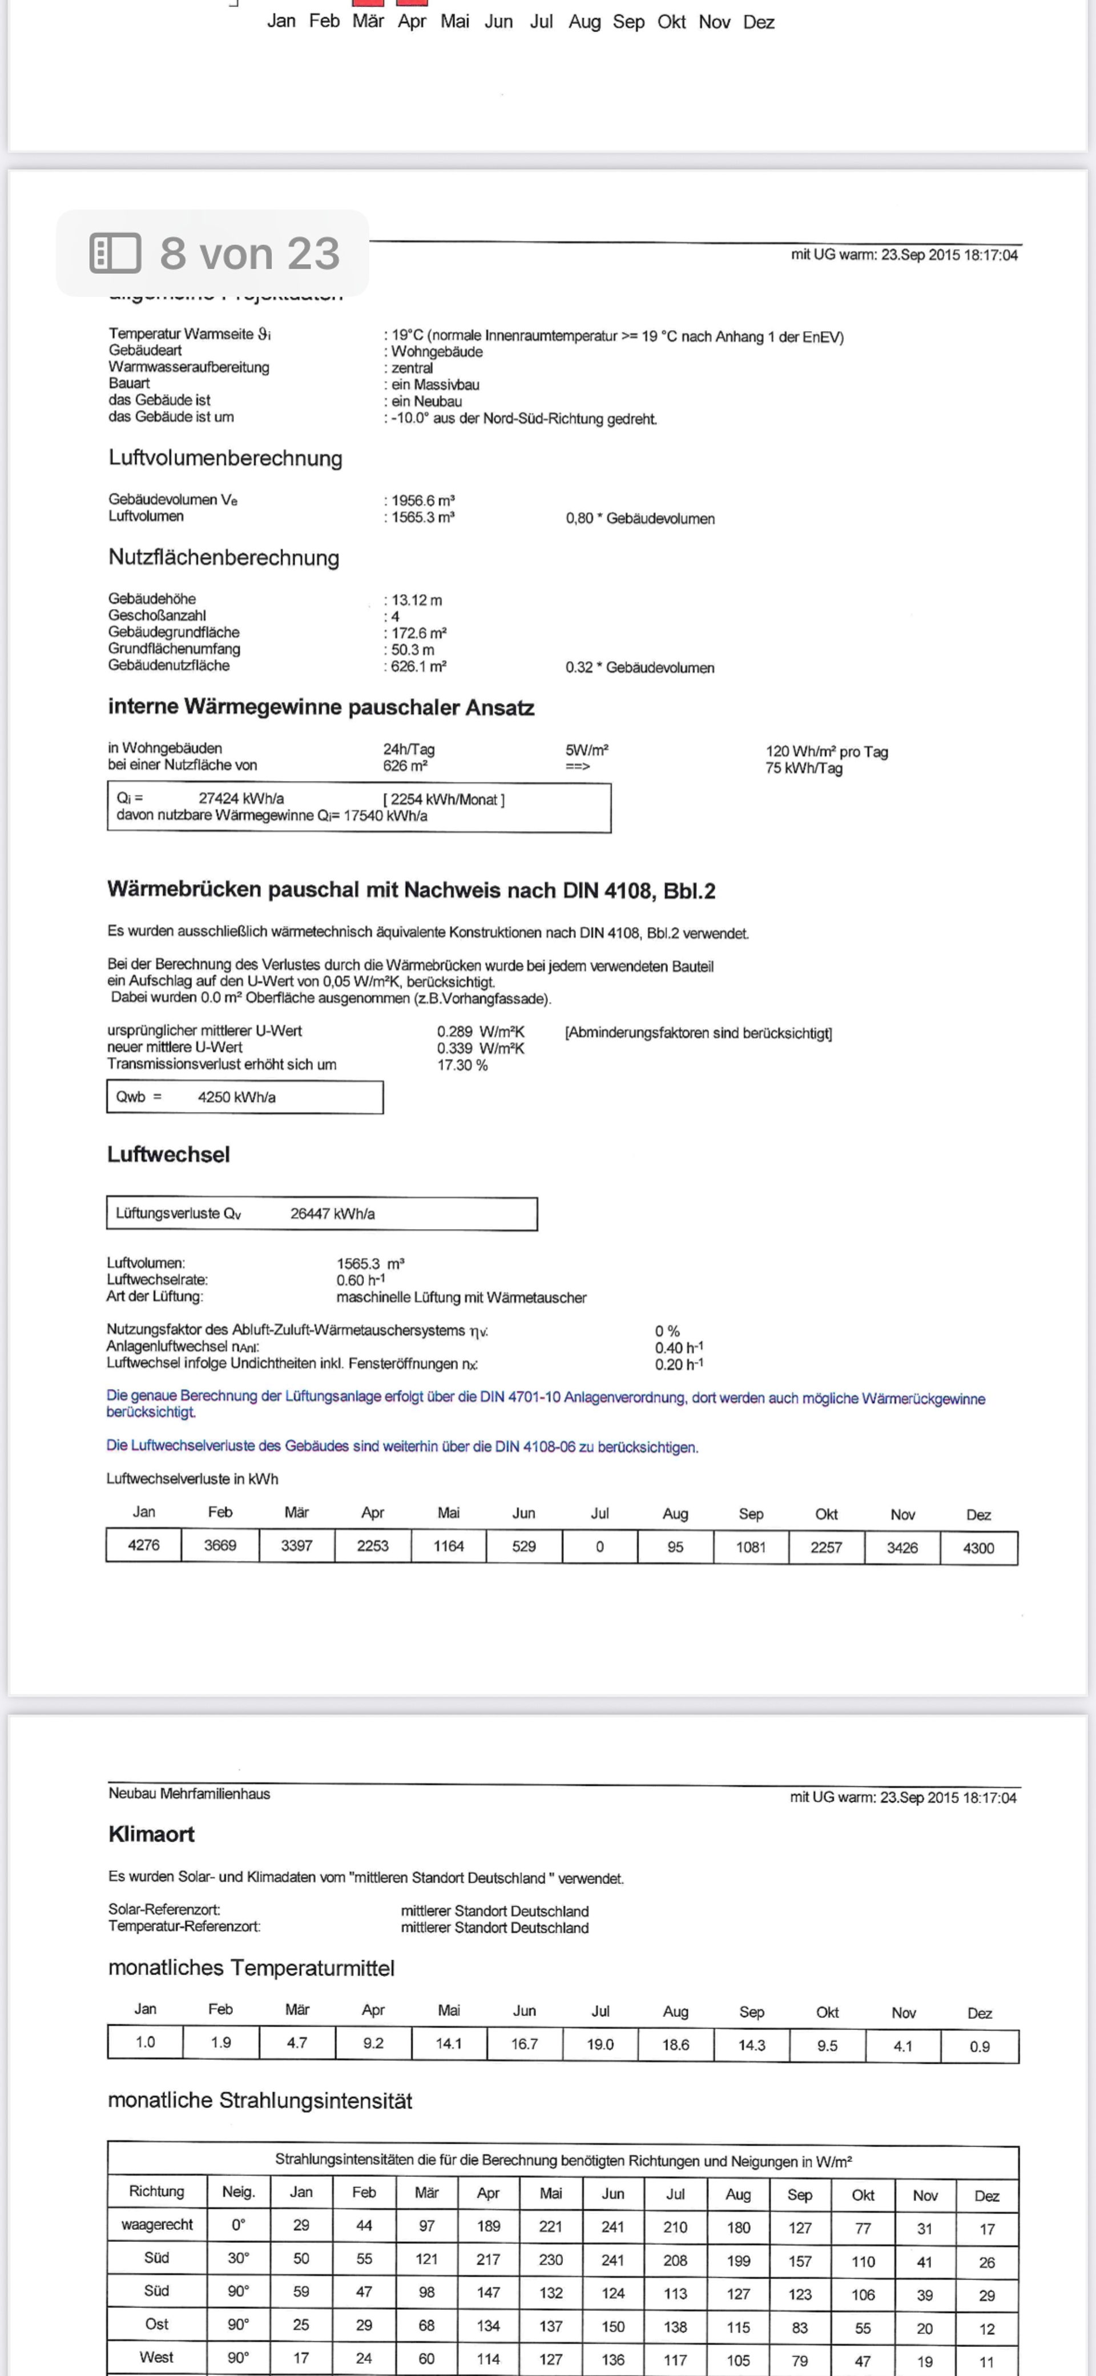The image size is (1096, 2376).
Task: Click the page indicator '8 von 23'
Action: click(249, 253)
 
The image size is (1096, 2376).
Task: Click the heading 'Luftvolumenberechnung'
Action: click(225, 458)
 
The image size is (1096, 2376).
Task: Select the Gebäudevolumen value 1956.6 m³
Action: click(422, 501)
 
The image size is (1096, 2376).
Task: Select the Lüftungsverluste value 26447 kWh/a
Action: click(332, 1214)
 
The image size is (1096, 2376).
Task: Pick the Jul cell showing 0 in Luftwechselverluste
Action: click(600, 1547)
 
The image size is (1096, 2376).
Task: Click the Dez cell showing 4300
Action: click(978, 1548)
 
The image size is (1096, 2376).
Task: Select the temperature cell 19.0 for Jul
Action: click(600, 2044)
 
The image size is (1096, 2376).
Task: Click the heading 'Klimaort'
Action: click(151, 1834)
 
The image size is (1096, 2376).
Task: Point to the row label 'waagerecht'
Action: click(157, 2225)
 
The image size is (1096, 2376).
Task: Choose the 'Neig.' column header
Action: click(238, 2192)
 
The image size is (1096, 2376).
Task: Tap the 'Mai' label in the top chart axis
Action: click(455, 21)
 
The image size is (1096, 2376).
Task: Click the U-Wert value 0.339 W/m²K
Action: click(479, 1048)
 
